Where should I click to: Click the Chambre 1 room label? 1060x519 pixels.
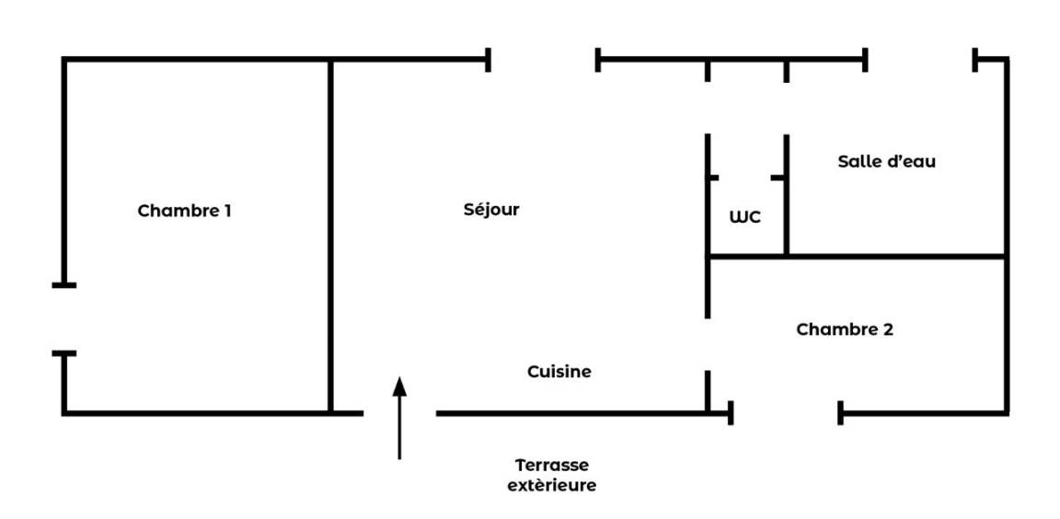(184, 211)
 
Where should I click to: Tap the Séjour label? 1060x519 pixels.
(491, 210)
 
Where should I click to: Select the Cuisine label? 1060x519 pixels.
(559, 372)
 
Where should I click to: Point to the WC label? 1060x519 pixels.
(745, 218)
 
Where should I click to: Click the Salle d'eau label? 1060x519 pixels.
(886, 161)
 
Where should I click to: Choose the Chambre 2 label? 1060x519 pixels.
(845, 329)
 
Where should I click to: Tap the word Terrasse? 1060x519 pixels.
(552, 466)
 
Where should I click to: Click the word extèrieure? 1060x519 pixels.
(552, 485)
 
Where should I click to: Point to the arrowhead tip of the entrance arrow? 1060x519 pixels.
(399, 377)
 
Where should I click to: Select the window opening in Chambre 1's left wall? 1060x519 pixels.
(63, 318)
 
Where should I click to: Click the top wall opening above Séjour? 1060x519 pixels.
(543, 61)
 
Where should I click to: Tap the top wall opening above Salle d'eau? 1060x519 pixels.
(920, 61)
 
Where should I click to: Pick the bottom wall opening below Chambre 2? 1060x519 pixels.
(786, 413)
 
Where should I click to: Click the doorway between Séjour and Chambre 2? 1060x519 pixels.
(708, 344)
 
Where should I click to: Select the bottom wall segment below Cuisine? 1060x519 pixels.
(570, 413)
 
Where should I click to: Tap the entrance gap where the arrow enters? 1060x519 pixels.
(399, 413)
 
